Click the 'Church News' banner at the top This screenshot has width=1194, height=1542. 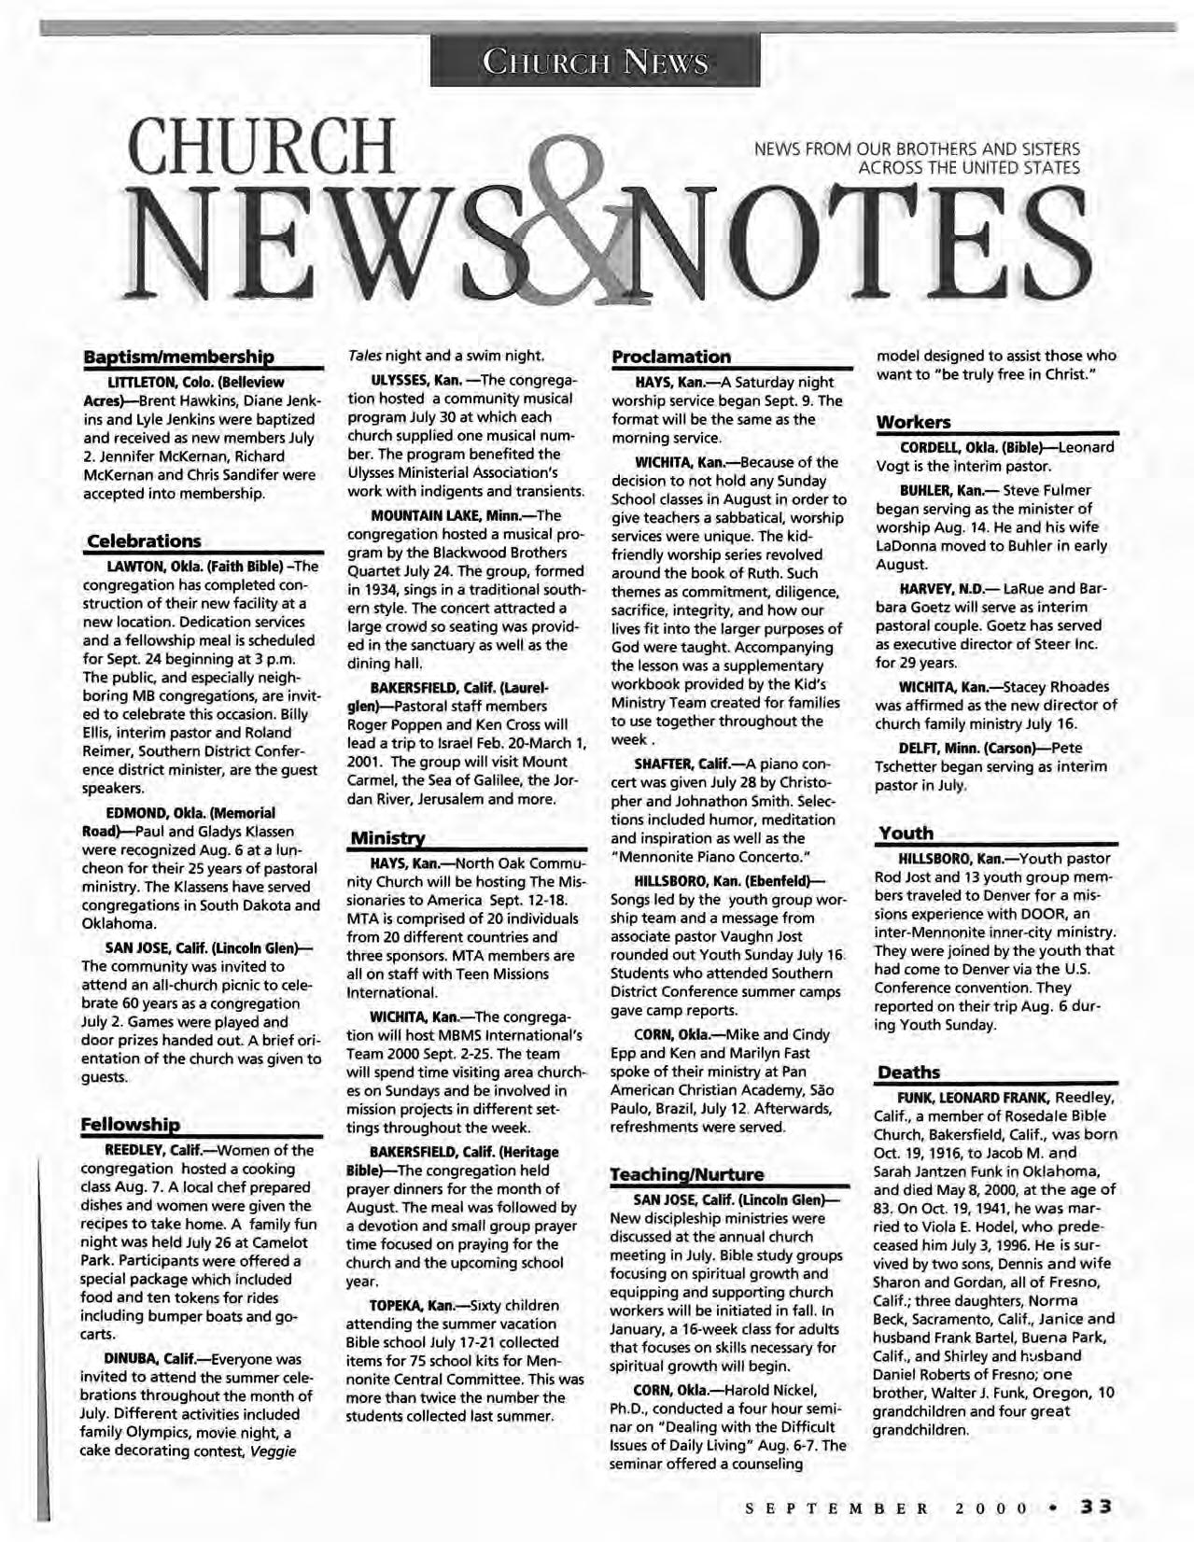pyautogui.click(x=595, y=63)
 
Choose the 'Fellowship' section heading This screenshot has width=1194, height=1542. pyautogui.click(x=130, y=1123)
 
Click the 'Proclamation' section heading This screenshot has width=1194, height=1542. pyautogui.click(x=670, y=357)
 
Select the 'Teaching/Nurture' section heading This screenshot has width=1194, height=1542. pyautogui.click(x=686, y=1173)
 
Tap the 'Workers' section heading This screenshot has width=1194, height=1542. pyautogui.click(x=913, y=422)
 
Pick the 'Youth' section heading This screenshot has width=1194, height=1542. pyautogui.click(x=906, y=833)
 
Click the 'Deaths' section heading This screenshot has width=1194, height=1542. pyautogui.click(x=908, y=1072)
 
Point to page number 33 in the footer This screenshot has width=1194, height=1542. pyautogui.click(x=1099, y=1506)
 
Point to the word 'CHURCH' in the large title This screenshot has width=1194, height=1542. pyautogui.click(x=264, y=149)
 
